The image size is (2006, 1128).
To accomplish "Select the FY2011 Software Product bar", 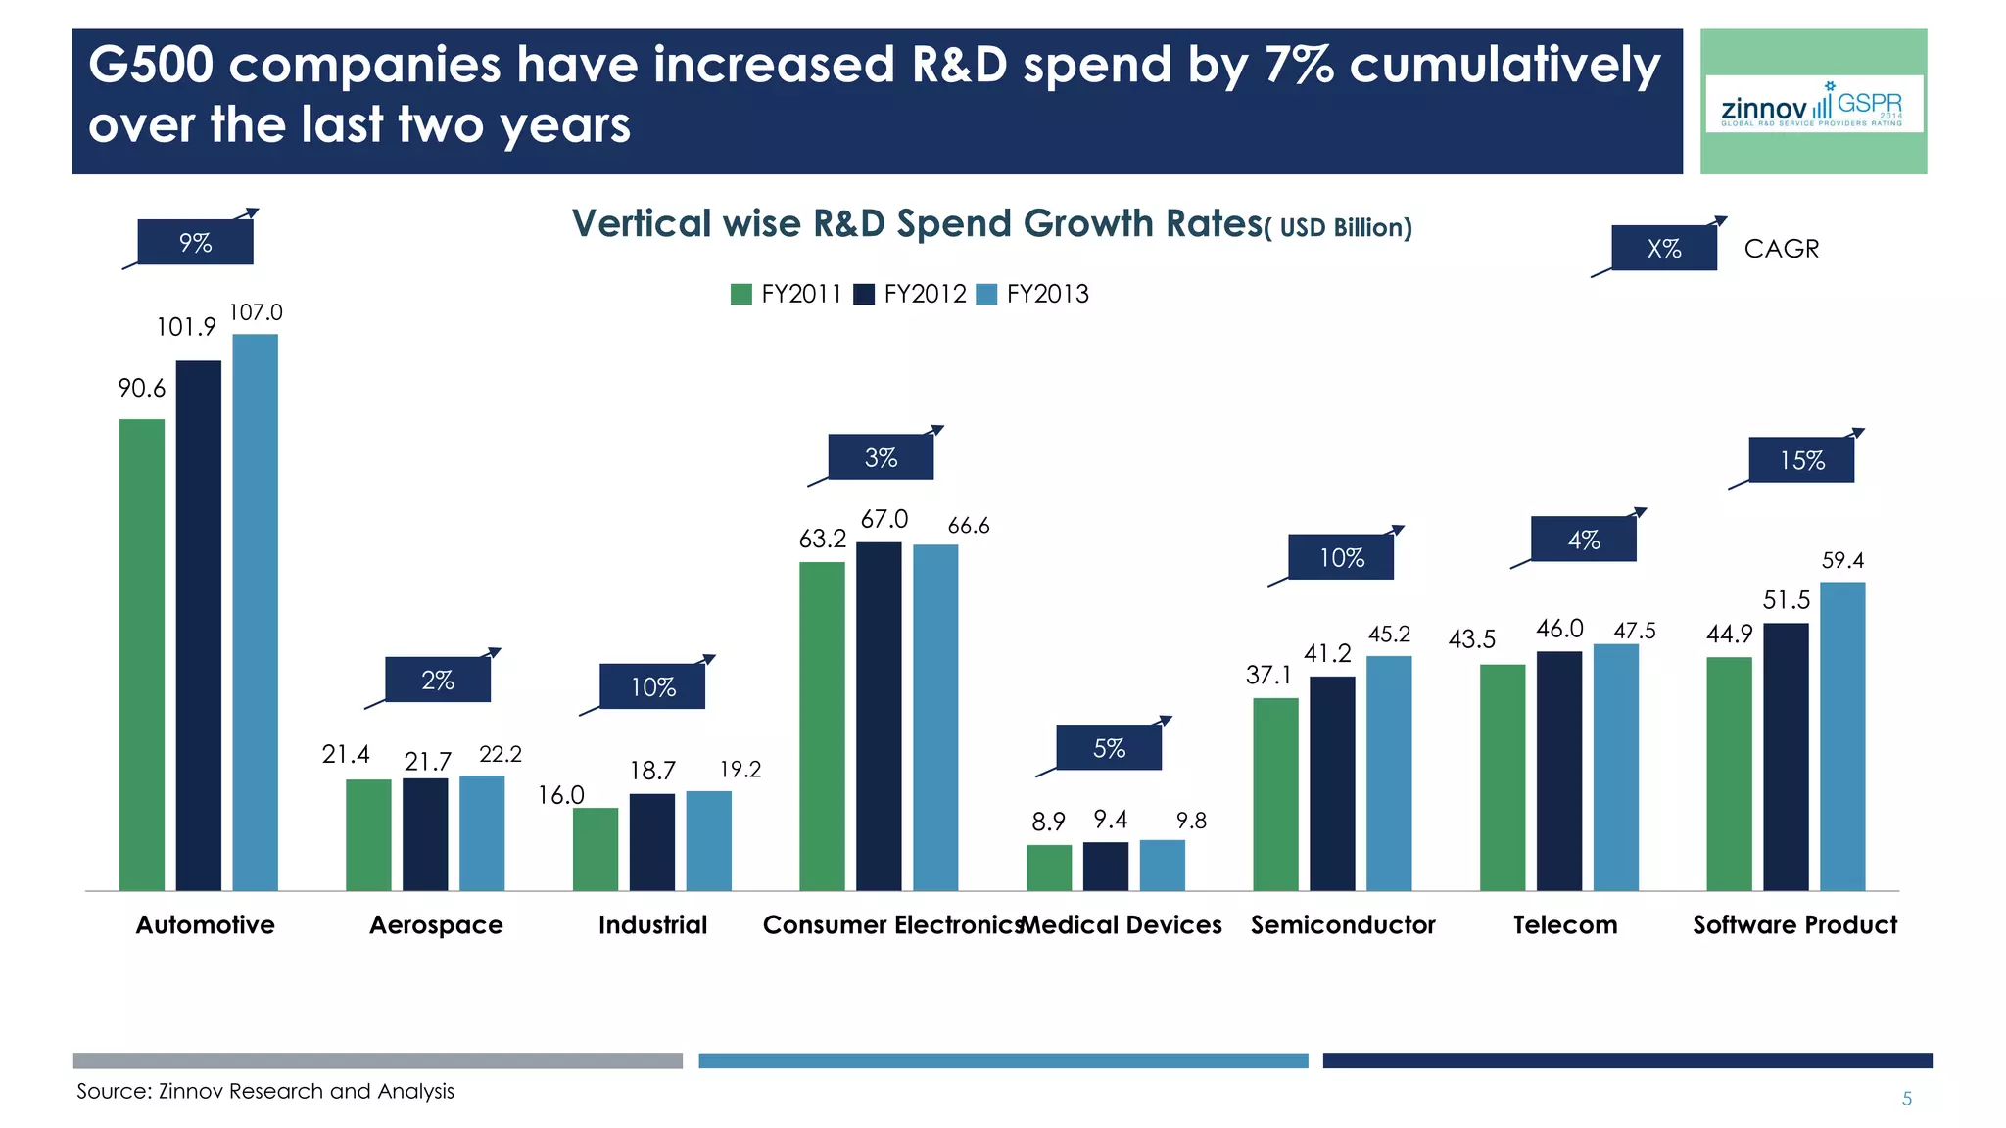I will pyautogui.click(x=1729, y=774).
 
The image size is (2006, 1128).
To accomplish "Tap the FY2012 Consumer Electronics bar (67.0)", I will pyautogui.click(x=879, y=716).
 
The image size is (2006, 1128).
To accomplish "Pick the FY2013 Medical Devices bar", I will pyautogui.click(x=1162, y=865).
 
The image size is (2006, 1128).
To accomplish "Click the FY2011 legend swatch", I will pyautogui.click(x=741, y=295).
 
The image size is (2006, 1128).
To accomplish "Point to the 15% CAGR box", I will pyautogui.click(x=1801, y=460).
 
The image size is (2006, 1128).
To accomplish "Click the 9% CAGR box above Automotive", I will pyautogui.click(x=195, y=243).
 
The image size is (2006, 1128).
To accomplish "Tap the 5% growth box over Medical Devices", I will pyautogui.click(x=1109, y=748).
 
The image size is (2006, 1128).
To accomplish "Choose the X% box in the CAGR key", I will pyautogui.click(x=1663, y=249).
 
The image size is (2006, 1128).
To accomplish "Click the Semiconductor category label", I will pyautogui.click(x=1342, y=925).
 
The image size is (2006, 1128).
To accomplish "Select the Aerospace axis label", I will pyautogui.click(x=436, y=925).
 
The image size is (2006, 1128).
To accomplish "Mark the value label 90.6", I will pyautogui.click(x=142, y=389).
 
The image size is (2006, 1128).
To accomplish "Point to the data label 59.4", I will pyautogui.click(x=1842, y=561).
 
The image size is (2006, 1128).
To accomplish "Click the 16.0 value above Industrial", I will pyautogui.click(x=561, y=795).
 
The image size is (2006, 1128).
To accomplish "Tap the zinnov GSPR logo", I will pyautogui.click(x=1813, y=104).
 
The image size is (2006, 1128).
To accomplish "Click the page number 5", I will pyautogui.click(x=1906, y=1099).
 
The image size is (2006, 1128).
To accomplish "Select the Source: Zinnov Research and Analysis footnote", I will pyautogui.click(x=265, y=1091).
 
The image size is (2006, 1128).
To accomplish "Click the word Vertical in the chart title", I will pyautogui.click(x=641, y=224).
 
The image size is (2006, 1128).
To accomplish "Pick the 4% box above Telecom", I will pyautogui.click(x=1583, y=540).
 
